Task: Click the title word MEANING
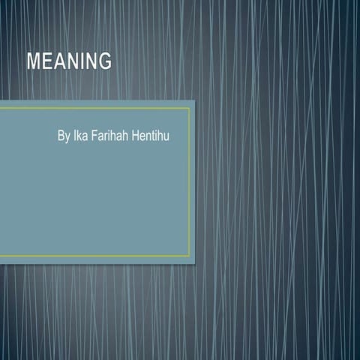[x=69, y=61]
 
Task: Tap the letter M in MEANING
[x=34, y=61]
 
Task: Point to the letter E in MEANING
[x=46, y=61]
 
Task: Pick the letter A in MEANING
[x=59, y=61]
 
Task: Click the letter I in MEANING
[x=81, y=61]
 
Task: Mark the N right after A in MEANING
[x=71, y=61]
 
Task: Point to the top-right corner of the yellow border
[x=190, y=108]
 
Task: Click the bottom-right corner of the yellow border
[x=190, y=256]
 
